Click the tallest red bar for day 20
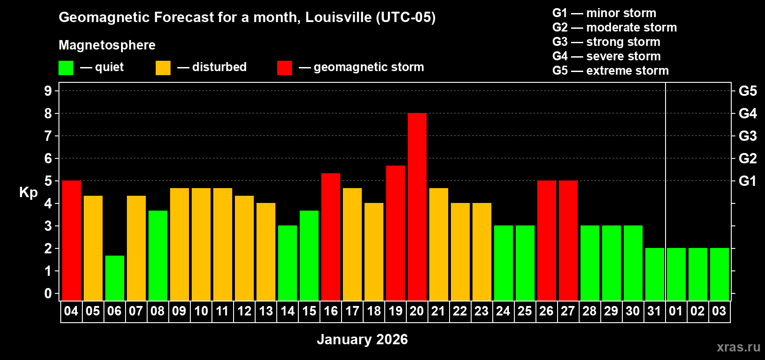(x=417, y=207)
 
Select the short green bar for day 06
(x=115, y=278)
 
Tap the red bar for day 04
(x=72, y=240)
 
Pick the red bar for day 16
(x=331, y=237)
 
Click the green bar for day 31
(x=655, y=274)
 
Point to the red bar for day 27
(x=568, y=240)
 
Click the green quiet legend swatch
(x=66, y=68)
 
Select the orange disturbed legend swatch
(x=163, y=68)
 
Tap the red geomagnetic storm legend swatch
(x=284, y=68)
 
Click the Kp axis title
(x=28, y=192)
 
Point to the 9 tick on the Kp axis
(x=48, y=91)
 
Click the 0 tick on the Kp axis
(x=48, y=293)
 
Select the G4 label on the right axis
(x=747, y=113)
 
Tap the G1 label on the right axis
(x=747, y=181)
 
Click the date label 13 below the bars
(x=266, y=311)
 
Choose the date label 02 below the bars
(x=697, y=311)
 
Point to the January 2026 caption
(x=362, y=339)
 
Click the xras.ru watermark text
(x=738, y=347)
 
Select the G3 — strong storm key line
(x=606, y=42)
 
